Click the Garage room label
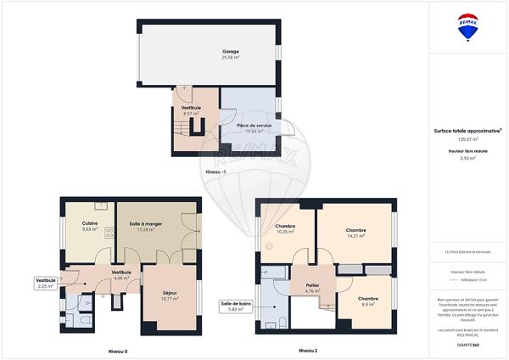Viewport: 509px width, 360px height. coord(230,52)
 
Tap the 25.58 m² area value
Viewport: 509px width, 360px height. coord(230,58)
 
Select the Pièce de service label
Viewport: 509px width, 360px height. coord(254,125)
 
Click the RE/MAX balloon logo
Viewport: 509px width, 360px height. coord(467,27)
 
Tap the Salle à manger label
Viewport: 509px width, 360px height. coord(146,223)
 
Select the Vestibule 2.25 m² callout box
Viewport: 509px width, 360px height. coord(45,283)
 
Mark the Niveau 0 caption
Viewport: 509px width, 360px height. coord(117,351)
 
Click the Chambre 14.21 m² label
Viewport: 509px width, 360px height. coord(355,233)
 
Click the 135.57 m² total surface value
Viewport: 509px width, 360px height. coord(467,138)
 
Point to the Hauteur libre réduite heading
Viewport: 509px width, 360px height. coord(467,150)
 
